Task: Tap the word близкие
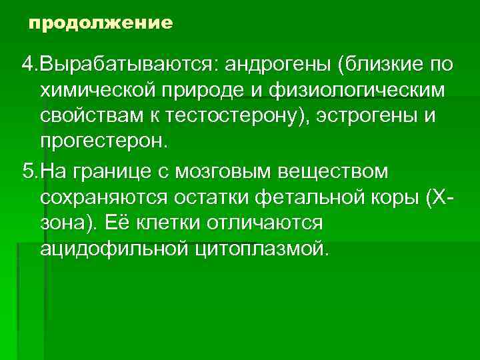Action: point(381,66)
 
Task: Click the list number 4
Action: point(26,66)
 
